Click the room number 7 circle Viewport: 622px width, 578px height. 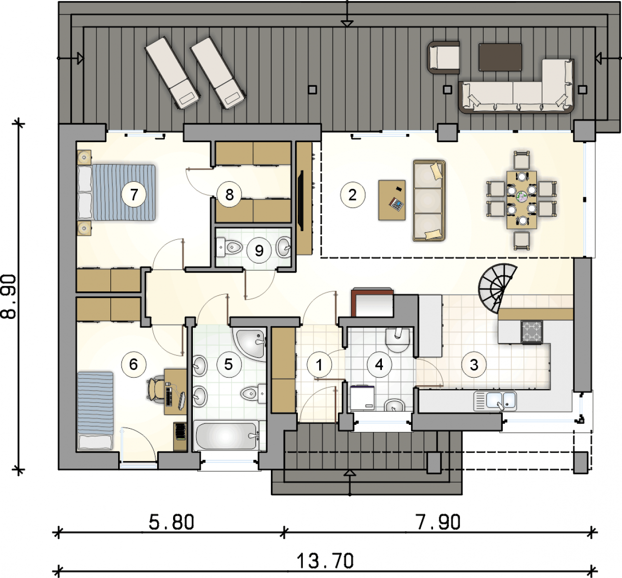[x=134, y=194]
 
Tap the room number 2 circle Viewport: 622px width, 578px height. [x=352, y=195]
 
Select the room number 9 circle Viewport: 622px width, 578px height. [x=259, y=250]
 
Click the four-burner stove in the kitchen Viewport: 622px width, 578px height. [x=532, y=332]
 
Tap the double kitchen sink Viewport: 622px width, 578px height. [x=495, y=401]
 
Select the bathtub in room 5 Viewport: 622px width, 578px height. [x=226, y=435]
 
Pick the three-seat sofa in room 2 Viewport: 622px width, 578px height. [x=429, y=200]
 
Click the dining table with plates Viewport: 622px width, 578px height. [x=522, y=200]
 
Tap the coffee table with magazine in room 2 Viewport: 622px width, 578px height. [x=392, y=200]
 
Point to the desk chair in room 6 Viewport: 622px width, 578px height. [x=155, y=389]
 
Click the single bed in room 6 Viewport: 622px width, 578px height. [x=95, y=410]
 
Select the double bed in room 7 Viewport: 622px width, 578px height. [x=117, y=193]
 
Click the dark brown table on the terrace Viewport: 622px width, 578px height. [x=500, y=57]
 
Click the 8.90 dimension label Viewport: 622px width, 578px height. [x=8, y=297]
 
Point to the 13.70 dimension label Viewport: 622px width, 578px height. [x=325, y=561]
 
